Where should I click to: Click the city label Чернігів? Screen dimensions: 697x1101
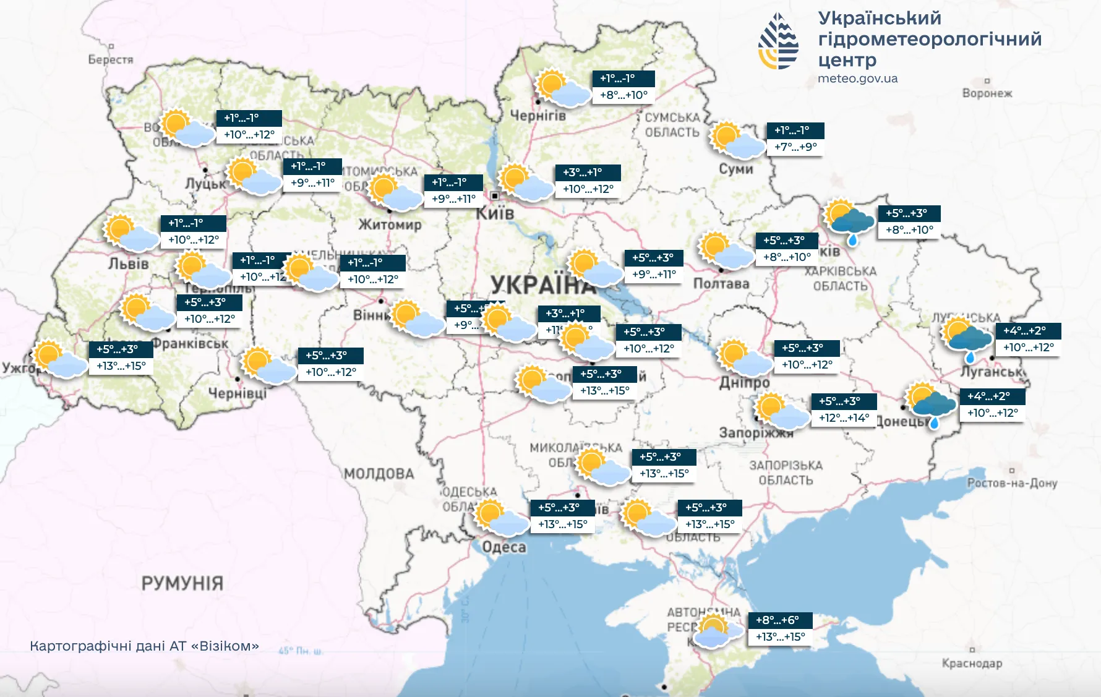(x=538, y=115)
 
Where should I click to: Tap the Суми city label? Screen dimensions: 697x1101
(x=735, y=169)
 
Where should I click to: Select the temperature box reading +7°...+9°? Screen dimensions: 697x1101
(x=795, y=147)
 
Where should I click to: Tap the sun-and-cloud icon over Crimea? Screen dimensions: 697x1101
(x=716, y=631)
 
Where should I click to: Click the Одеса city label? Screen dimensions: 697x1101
(x=504, y=547)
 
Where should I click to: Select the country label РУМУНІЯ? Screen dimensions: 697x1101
(x=182, y=583)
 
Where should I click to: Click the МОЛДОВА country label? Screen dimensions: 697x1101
(x=379, y=474)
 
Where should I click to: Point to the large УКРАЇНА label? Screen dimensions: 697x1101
(x=541, y=286)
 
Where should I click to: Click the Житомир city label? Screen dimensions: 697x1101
(x=390, y=225)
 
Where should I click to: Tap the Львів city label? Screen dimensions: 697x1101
(x=129, y=264)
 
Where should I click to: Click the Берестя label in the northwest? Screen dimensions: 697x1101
(x=111, y=60)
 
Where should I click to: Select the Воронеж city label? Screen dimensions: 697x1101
(x=987, y=93)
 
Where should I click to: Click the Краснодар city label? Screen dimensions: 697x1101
(x=972, y=664)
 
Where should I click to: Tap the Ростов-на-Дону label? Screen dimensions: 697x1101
(x=1012, y=483)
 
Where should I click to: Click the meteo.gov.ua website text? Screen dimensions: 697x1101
(x=857, y=79)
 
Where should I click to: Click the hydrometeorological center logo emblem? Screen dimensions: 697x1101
(x=779, y=41)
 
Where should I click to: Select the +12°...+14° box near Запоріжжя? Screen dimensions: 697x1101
(x=844, y=418)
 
